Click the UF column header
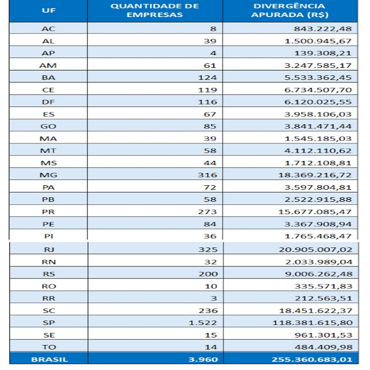(49, 10)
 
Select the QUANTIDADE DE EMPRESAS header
(154, 10)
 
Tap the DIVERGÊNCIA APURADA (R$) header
(290, 10)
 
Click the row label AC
(49, 29)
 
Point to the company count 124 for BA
(207, 78)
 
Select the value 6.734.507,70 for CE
(318, 90)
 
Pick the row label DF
(49, 102)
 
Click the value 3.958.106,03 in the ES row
(318, 114)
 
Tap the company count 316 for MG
(207, 175)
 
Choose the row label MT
(49, 151)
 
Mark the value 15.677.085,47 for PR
(315, 212)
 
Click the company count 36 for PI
(210, 236)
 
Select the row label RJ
(49, 250)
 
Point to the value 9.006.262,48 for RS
(319, 274)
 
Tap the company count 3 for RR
(214, 298)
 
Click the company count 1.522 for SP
(203, 322)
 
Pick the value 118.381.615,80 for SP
(313, 322)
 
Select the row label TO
(49, 347)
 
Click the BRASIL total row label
(49, 359)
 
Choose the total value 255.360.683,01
(312, 359)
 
